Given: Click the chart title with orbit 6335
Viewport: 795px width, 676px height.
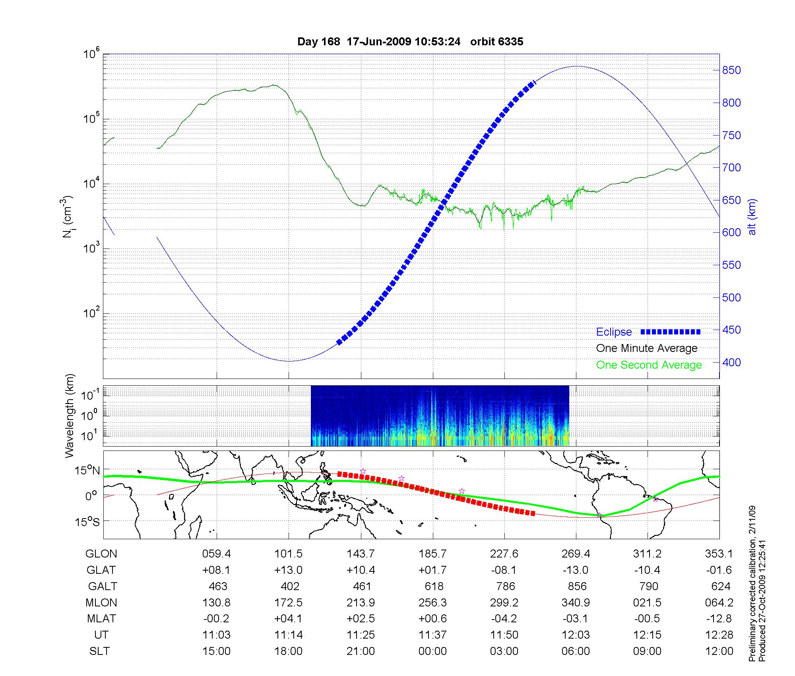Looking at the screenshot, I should pos(410,42).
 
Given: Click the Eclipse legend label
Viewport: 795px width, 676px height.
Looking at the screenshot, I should pos(614,332).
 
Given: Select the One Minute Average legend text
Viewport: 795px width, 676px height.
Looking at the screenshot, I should pos(647,348).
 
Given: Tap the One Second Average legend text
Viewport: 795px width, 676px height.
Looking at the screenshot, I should pos(649,365).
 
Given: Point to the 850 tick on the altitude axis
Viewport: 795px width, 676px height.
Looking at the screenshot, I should pos(731,70).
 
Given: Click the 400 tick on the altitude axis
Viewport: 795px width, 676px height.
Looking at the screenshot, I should pos(731,363).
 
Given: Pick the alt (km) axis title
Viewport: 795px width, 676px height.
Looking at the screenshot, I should pos(752,217).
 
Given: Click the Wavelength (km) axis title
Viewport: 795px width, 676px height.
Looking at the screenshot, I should pos(70,416).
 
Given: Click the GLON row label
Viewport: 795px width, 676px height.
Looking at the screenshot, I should pos(101,554).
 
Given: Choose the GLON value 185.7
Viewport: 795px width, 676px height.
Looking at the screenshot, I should pos(432,554).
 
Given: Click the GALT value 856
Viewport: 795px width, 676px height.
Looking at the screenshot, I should pos(577,587).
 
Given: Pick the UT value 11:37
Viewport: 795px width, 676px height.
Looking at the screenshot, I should pos(432,635).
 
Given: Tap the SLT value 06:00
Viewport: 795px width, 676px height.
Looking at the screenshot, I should pos(576,651).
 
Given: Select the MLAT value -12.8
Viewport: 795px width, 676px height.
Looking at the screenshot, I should pos(719,619).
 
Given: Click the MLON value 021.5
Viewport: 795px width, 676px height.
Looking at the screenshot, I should pos(648,603).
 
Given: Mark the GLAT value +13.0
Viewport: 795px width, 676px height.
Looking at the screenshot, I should pos(288,570).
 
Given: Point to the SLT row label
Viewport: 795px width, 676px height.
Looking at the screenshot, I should pos(99,651).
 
